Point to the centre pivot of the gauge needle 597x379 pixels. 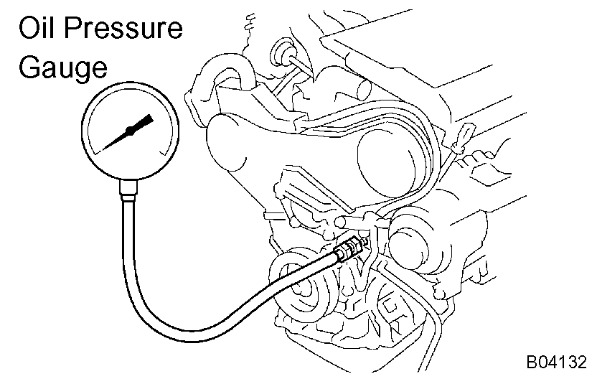130,131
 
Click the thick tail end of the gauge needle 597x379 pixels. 146,120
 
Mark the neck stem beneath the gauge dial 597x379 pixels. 129,189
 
